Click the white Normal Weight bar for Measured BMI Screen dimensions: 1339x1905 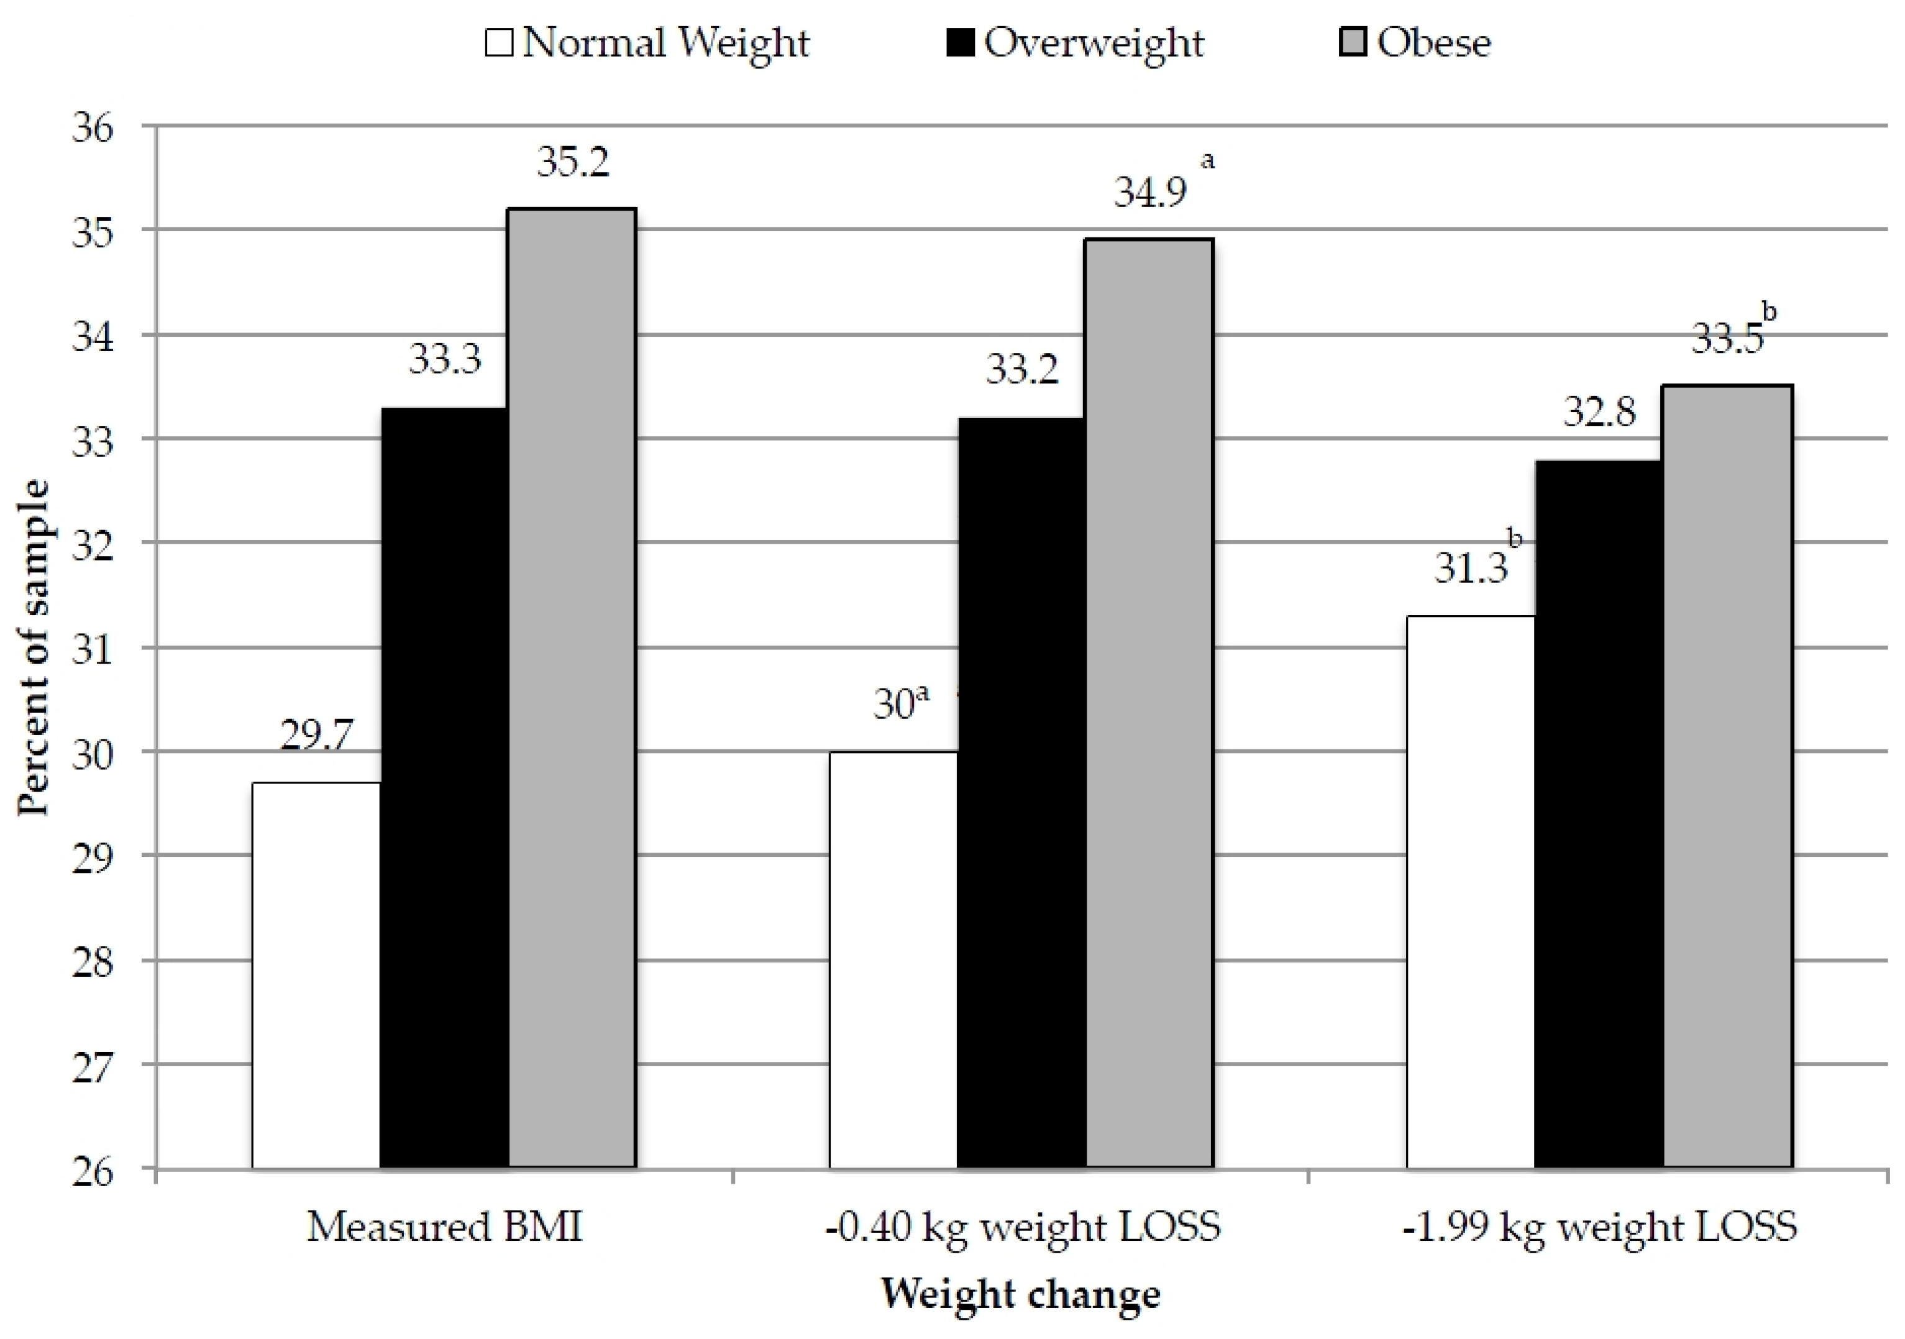tap(316, 975)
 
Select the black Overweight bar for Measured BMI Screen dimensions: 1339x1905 tap(445, 788)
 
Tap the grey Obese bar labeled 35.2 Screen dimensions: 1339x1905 tap(572, 688)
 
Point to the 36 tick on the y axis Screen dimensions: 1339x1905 tap(93, 128)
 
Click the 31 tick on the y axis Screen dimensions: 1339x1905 tap(93, 649)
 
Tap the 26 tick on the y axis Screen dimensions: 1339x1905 tap(93, 1171)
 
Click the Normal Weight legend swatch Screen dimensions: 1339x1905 tap(499, 42)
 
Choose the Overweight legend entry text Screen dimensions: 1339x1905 tap(1094, 42)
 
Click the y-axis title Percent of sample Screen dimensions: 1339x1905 tap(33, 647)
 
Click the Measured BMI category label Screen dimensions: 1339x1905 tap(445, 1226)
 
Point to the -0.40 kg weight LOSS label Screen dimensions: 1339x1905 tap(1022, 1226)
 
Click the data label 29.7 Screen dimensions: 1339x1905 tap(316, 734)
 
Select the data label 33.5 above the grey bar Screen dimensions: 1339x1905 tap(1727, 339)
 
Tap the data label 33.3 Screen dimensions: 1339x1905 tap(445, 359)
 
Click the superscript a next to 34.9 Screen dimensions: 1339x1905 tap(1208, 160)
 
